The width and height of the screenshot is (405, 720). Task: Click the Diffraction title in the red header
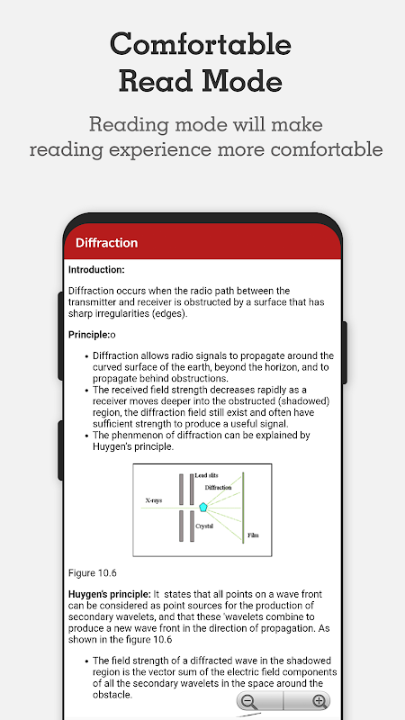click(x=106, y=242)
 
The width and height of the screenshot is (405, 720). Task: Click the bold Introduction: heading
click(x=96, y=270)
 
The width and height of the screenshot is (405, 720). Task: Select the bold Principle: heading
click(x=89, y=335)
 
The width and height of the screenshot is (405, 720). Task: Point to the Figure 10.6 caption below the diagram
click(x=93, y=573)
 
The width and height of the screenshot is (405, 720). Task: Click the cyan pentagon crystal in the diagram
click(x=203, y=507)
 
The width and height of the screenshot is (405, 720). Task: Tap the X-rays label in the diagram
click(x=153, y=500)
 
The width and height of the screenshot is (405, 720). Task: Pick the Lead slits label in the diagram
click(x=207, y=475)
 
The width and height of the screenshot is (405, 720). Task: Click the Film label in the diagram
click(x=253, y=535)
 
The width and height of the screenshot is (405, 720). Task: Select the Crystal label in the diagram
click(x=204, y=526)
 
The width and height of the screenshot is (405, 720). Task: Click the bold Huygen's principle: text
click(x=110, y=595)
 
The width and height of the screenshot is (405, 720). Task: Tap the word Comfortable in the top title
click(x=201, y=44)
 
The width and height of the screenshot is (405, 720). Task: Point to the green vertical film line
click(x=243, y=508)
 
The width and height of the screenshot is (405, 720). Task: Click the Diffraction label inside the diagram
click(x=218, y=487)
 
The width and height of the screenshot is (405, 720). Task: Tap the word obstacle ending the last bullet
click(x=111, y=695)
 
